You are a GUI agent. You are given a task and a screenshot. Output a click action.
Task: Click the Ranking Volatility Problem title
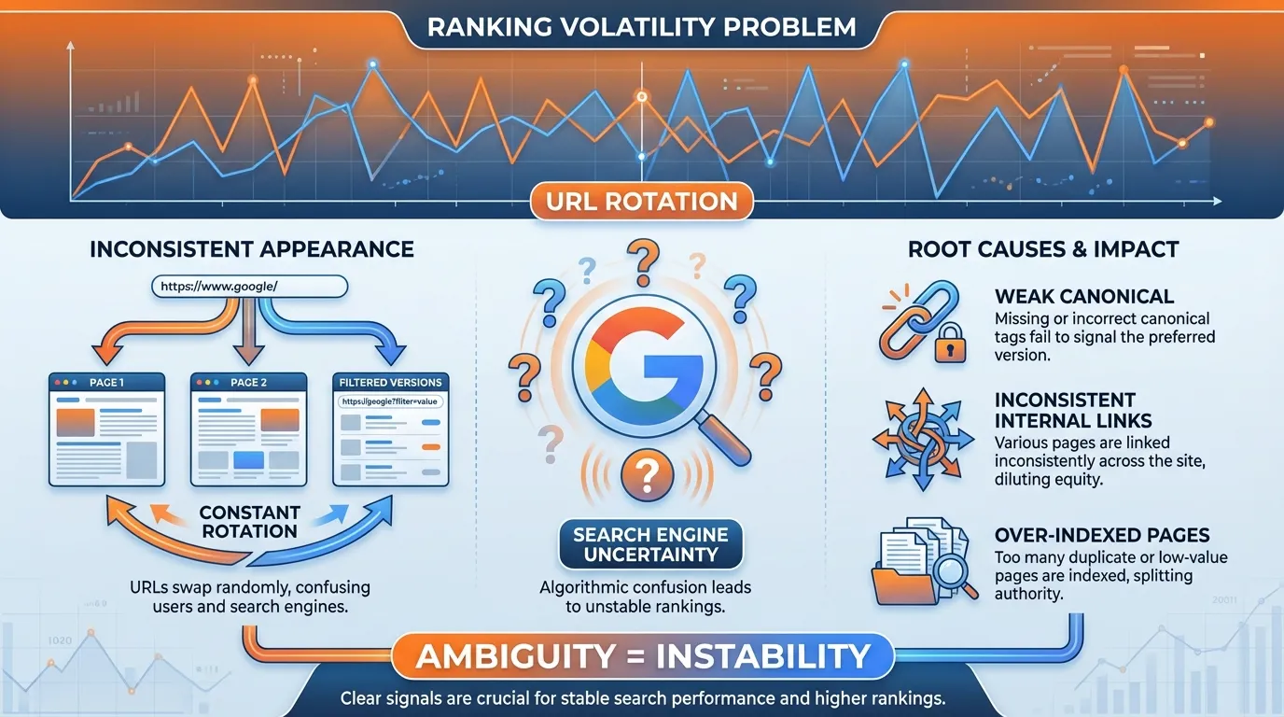pos(641,25)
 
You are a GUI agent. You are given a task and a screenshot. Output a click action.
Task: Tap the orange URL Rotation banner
pos(641,201)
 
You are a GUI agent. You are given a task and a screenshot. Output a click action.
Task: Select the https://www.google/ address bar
pos(249,287)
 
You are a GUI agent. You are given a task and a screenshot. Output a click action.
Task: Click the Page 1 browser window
pos(106,429)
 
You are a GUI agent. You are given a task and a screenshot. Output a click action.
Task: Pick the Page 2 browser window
pos(248,429)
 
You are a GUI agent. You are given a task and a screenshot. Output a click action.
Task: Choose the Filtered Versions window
pos(391,429)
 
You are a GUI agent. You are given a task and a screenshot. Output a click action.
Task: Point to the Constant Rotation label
pos(249,522)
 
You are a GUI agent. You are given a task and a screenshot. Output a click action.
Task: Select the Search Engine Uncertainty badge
pos(649,544)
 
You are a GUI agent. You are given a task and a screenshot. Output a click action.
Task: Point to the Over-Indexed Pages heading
pos(1102,535)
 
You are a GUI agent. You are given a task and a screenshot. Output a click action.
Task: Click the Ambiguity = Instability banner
pos(642,655)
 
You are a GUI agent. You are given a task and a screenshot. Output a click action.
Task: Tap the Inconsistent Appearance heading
pos(251,249)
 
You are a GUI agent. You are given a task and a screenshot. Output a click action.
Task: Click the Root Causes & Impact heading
pos(1043,249)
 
